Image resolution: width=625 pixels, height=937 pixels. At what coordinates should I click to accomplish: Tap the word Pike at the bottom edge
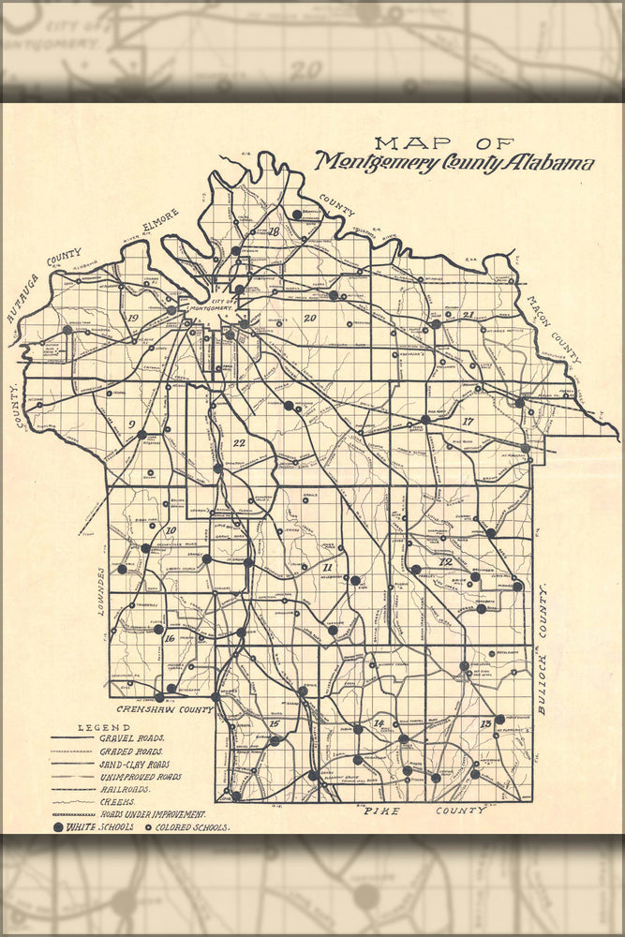pyautogui.click(x=383, y=810)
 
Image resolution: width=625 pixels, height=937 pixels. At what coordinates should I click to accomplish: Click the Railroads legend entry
pyautogui.click(x=129, y=790)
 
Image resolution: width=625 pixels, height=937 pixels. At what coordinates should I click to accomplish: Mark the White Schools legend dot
pyautogui.click(x=58, y=828)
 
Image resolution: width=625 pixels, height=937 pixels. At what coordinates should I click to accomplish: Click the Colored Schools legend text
pyautogui.click(x=193, y=828)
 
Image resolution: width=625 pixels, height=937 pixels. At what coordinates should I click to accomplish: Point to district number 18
pyautogui.click(x=274, y=231)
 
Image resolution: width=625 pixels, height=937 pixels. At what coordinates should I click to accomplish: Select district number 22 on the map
pyautogui.click(x=239, y=443)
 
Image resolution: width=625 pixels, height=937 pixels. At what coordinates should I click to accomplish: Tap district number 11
pyautogui.click(x=327, y=568)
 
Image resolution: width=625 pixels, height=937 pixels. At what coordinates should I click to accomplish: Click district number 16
pyautogui.click(x=169, y=639)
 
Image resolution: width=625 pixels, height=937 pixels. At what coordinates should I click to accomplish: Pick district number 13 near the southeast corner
pyautogui.click(x=485, y=724)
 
